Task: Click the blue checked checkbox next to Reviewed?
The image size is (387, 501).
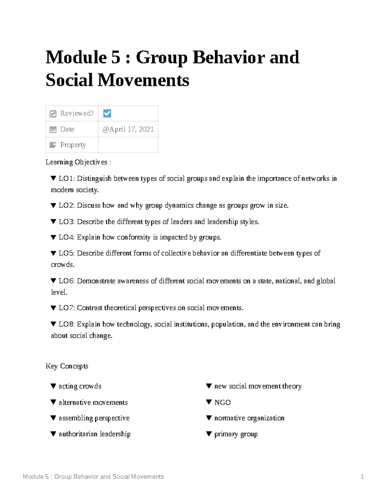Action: tap(107, 114)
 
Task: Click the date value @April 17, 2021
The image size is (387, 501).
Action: tap(128, 129)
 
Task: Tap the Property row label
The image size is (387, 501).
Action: tap(73, 145)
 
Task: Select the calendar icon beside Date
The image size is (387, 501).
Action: tap(53, 130)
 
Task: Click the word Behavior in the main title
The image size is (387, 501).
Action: tap(229, 57)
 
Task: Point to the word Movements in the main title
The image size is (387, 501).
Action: tap(143, 80)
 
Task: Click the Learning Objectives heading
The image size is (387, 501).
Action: tap(78, 162)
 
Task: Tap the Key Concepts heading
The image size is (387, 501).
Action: tap(67, 366)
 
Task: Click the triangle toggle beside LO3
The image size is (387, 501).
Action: tap(54, 222)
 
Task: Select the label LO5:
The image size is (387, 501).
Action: tap(67, 253)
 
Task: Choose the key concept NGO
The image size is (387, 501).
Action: tap(223, 403)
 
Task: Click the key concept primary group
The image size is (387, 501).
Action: tap(236, 434)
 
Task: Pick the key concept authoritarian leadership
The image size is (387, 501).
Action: tap(94, 434)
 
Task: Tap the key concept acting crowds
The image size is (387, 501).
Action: tap(80, 386)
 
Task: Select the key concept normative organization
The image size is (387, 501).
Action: tap(249, 418)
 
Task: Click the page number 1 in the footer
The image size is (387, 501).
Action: tap(362, 476)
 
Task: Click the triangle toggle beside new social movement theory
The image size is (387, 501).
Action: tap(209, 386)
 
